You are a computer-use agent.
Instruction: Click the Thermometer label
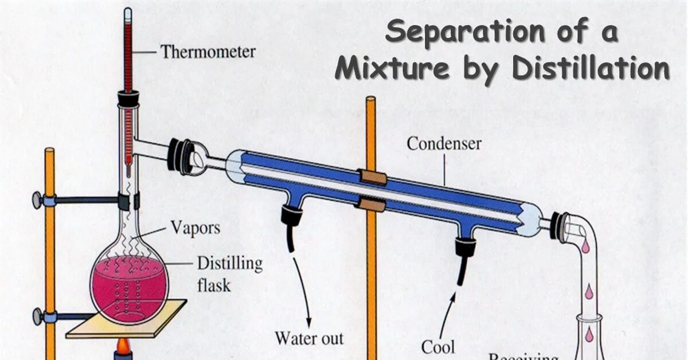[x=208, y=52]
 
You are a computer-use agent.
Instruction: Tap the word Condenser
[x=444, y=143]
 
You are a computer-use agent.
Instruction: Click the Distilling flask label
[x=229, y=273]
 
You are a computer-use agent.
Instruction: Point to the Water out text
[x=309, y=338]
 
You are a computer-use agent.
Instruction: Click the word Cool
[x=438, y=346]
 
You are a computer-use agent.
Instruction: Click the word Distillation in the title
[x=591, y=69]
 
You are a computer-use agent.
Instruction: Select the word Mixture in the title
[x=392, y=69]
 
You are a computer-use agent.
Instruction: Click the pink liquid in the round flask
[x=129, y=287]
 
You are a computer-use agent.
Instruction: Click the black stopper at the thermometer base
[x=128, y=100]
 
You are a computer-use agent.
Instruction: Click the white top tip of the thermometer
[x=127, y=11]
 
